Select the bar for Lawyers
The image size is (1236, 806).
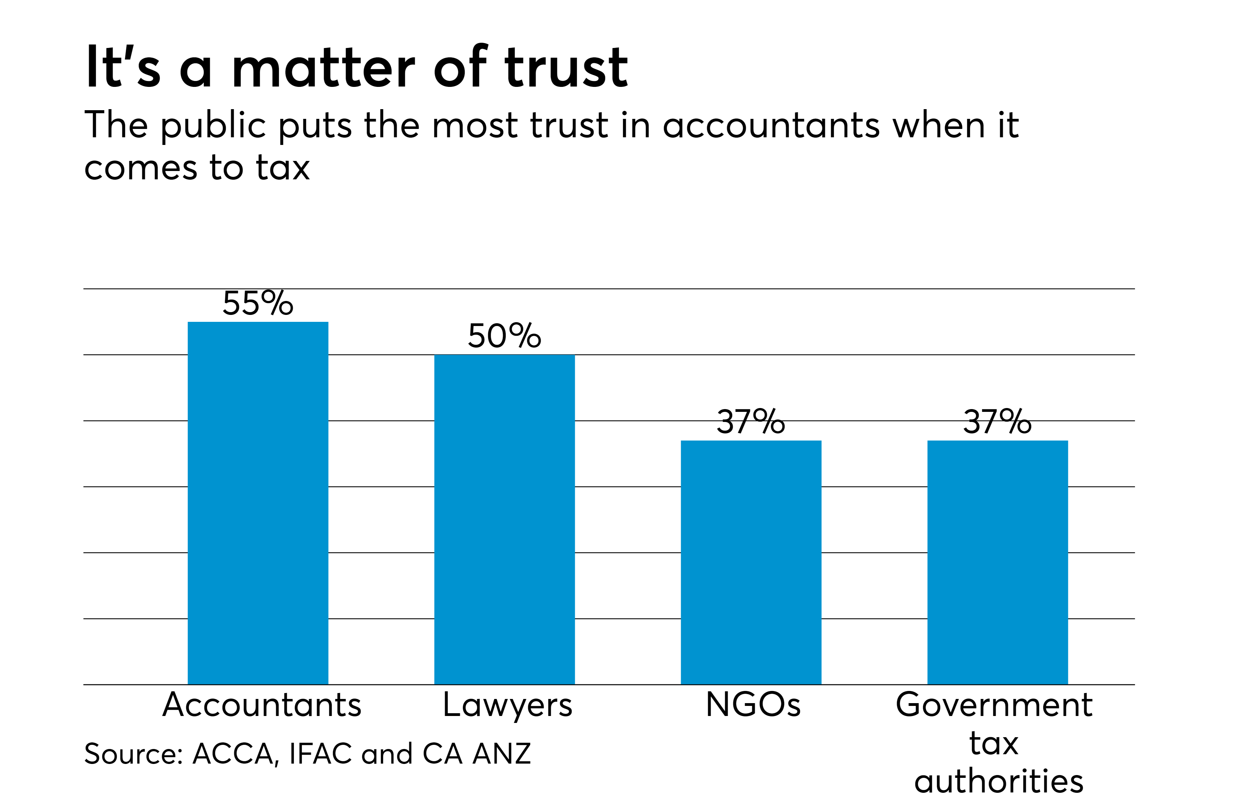(504, 519)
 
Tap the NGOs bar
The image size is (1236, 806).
(751, 562)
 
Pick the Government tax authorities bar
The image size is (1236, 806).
(998, 562)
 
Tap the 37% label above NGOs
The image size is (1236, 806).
(750, 422)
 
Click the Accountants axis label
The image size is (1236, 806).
(262, 705)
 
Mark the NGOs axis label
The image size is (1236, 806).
(753, 705)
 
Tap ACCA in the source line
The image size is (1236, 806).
(233, 754)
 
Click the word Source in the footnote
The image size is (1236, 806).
(132, 754)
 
